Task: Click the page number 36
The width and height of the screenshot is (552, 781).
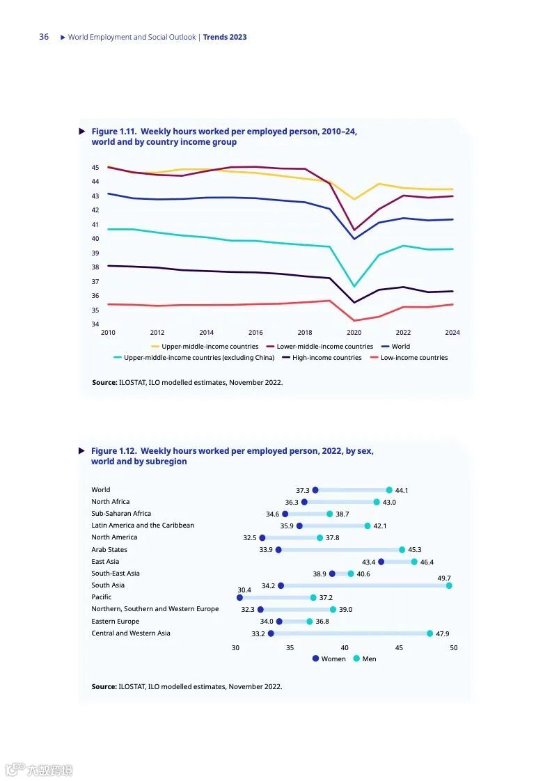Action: [44, 37]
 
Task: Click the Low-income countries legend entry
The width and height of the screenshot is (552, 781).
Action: [413, 358]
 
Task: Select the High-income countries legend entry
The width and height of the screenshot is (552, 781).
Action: [326, 358]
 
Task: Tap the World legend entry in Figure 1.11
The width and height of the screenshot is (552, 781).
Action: [400, 347]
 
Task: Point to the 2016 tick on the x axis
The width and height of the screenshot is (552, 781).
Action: [255, 333]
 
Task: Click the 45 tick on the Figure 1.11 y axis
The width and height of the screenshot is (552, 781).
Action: [95, 168]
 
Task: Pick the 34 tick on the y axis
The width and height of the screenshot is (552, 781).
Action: [95, 324]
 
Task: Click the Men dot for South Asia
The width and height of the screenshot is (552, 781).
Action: [449, 586]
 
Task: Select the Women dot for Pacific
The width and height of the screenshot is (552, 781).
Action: [240, 598]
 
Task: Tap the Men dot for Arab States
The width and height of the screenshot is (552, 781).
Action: [402, 550]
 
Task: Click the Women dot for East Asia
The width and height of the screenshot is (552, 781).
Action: [381, 562]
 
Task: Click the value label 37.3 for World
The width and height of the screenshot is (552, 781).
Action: [303, 491]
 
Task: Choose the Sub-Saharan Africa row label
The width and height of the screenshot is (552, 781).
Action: [121, 514]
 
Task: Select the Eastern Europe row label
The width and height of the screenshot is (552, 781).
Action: [116, 622]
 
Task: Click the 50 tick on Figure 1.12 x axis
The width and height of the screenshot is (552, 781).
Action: [453, 648]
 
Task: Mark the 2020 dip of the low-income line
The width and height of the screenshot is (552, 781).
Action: [354, 321]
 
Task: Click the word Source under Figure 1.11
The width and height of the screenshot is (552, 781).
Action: [104, 382]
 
